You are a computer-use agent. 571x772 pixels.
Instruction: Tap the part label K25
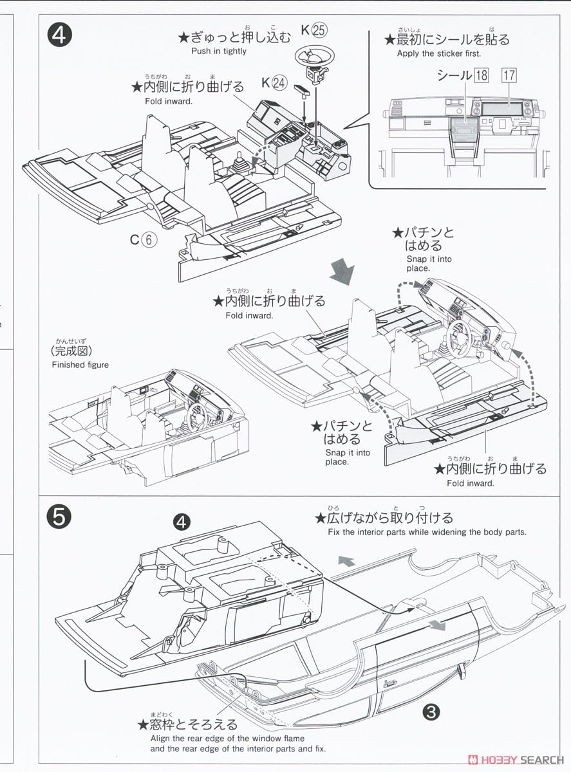(314, 30)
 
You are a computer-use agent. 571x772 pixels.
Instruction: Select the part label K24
(274, 82)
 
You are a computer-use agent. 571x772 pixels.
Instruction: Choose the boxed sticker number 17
(509, 75)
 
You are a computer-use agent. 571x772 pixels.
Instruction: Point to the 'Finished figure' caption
(80, 365)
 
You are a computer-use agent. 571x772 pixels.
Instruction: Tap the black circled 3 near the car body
(431, 711)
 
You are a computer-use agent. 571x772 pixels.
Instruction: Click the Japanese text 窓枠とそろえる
(187, 725)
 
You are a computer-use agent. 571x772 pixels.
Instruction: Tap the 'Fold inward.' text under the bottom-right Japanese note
(471, 483)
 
